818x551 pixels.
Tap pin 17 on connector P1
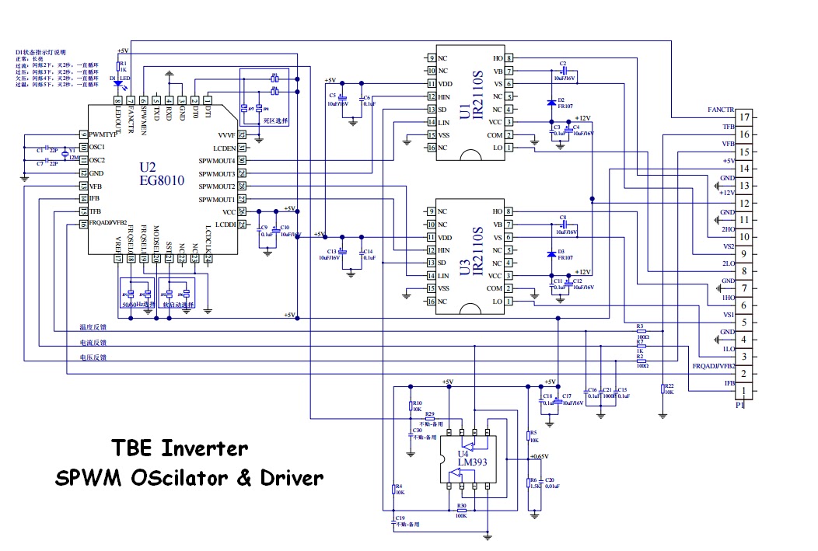tap(744, 118)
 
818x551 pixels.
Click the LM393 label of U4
tap(464, 462)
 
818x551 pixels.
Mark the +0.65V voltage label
tap(539, 456)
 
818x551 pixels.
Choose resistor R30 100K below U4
tap(461, 511)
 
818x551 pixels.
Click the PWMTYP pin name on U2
tap(103, 134)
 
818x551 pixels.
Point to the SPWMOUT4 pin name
tap(216, 160)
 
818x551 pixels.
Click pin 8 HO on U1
tap(509, 58)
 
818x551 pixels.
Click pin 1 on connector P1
tap(744, 391)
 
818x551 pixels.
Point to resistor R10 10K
tap(411, 405)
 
